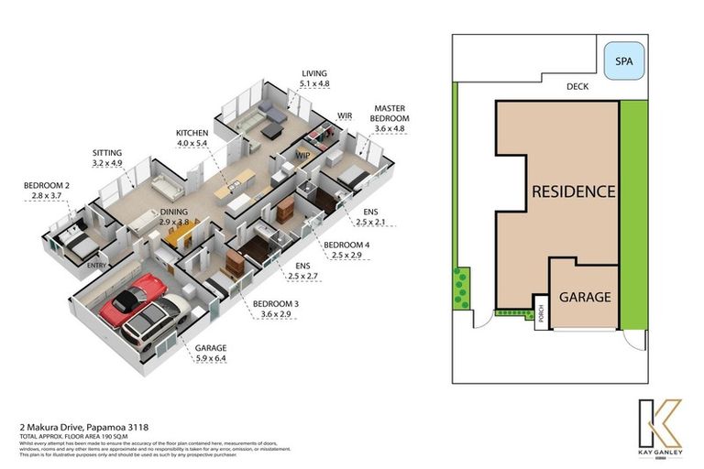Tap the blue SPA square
click(x=623, y=62)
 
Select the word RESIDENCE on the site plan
click(x=573, y=191)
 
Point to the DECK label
click(x=577, y=87)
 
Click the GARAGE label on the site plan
click(x=584, y=297)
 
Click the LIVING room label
click(x=313, y=73)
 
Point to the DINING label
click(x=173, y=211)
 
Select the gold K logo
click(x=656, y=422)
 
